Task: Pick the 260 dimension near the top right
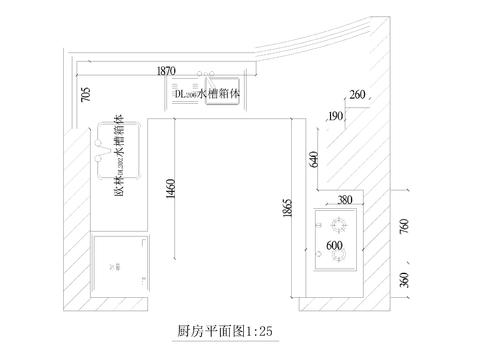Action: pyautogui.click(x=357, y=96)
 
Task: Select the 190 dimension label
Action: pyautogui.click(x=336, y=117)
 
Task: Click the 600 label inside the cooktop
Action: pyautogui.click(x=334, y=243)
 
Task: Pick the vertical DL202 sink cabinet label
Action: pyautogui.click(x=120, y=158)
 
